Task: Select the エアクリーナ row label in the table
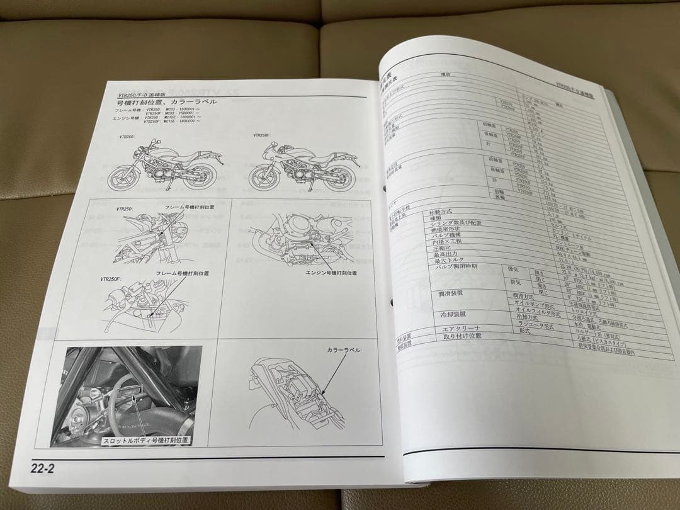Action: [x=462, y=329]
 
